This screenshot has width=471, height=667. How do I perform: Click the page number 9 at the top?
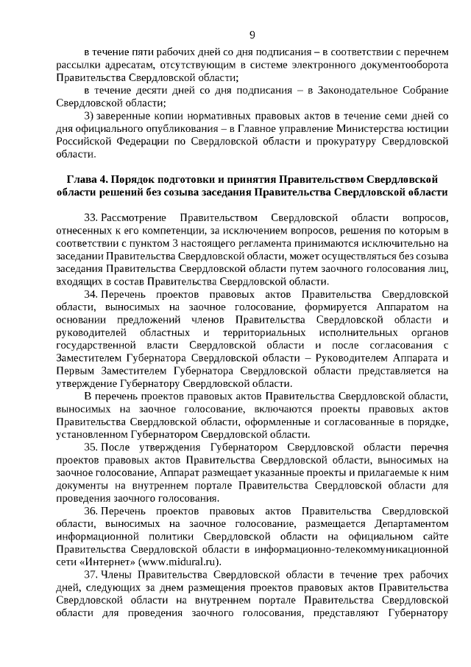tap(252, 34)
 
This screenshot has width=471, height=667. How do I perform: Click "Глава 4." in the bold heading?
tap(87, 179)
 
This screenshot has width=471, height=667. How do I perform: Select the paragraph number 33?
tap(91, 219)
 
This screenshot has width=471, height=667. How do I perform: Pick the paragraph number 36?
tap(91, 510)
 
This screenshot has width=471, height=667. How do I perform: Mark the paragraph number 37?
tap(91, 573)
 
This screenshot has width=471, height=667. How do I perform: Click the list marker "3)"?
tap(89, 116)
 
